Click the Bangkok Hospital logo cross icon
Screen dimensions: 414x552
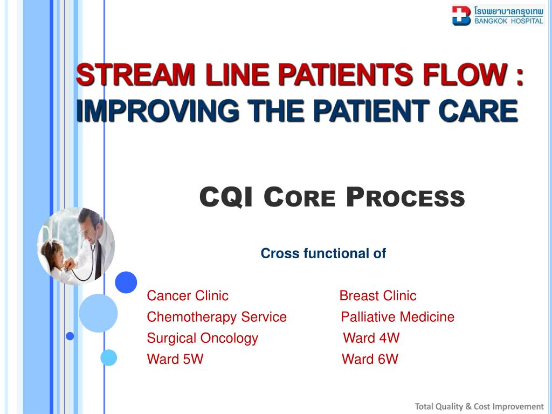coord(461,15)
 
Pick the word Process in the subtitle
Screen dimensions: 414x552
coord(405,197)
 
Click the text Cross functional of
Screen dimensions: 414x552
coord(323,253)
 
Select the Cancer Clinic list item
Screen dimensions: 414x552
coord(188,295)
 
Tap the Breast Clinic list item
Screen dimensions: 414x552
coord(377,295)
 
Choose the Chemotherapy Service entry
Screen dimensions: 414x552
coord(217,317)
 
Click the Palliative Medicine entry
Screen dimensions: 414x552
coord(397,317)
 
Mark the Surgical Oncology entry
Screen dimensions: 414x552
coord(202,338)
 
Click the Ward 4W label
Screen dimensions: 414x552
coord(371,338)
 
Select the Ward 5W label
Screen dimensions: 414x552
coord(175,359)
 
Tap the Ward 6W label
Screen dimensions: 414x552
coord(370,359)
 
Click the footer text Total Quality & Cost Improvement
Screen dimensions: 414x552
coord(479,406)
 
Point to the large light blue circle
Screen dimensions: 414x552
coord(98,313)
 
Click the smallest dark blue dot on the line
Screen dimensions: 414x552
coord(70,336)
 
